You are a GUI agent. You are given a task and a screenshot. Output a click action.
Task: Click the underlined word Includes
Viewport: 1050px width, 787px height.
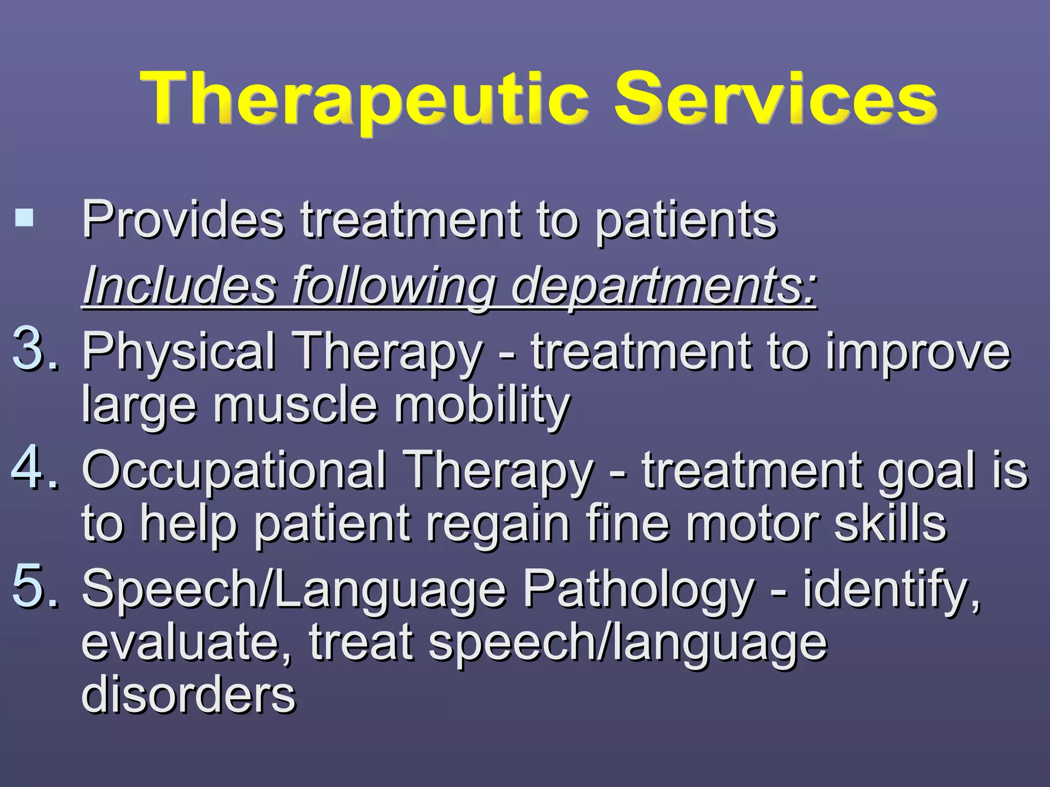(180, 285)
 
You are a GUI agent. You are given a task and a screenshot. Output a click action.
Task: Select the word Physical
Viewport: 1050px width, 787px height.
(179, 351)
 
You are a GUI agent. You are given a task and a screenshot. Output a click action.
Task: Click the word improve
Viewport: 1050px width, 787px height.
(918, 351)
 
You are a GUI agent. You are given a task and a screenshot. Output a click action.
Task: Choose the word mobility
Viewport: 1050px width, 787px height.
(482, 405)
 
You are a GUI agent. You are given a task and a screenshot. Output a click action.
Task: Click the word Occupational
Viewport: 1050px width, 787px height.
(234, 470)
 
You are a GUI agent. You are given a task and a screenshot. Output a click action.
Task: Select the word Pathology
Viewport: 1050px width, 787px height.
(639, 589)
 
